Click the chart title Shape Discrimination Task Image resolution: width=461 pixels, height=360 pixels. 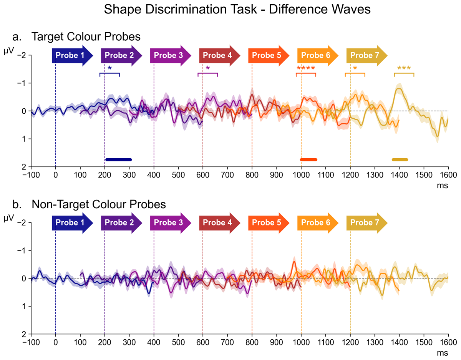[x=237, y=10]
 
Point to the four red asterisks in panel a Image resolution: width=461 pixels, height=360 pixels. [x=306, y=69]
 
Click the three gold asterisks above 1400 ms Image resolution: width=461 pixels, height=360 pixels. [x=404, y=69]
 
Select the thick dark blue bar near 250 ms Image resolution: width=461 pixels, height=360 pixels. [x=119, y=159]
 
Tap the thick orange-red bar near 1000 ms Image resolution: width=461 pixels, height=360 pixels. [x=308, y=159]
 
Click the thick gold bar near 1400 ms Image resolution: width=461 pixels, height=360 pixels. [x=400, y=159]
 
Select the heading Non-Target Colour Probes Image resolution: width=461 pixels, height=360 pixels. [x=99, y=204]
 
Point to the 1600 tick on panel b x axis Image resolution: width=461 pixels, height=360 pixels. [x=448, y=341]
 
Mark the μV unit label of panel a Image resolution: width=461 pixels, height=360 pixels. [x=8, y=50]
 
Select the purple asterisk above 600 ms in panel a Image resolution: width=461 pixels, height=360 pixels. [x=208, y=68]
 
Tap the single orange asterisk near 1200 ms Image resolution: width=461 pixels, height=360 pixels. [x=355, y=68]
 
